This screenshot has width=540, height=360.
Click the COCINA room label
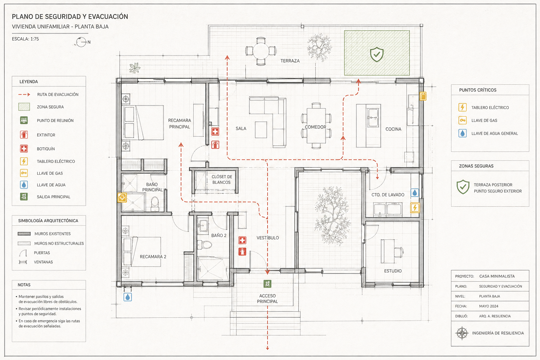(x=393, y=129)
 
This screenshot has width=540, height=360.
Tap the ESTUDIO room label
(x=393, y=271)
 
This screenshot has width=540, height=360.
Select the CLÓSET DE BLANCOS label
(x=222, y=180)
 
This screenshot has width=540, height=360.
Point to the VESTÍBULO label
(x=268, y=238)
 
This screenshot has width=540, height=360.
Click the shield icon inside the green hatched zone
(x=377, y=54)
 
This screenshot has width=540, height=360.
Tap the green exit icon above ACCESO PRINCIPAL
(x=267, y=284)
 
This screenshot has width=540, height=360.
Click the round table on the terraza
(x=261, y=51)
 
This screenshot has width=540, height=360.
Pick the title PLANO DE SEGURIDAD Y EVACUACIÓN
(x=70, y=17)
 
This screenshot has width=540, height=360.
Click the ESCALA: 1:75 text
(x=25, y=39)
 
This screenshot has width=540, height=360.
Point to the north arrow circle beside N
(x=81, y=42)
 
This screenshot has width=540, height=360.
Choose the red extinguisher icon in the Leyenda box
(x=24, y=135)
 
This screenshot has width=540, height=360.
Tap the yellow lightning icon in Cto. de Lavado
(x=415, y=208)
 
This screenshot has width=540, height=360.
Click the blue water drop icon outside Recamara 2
(x=128, y=297)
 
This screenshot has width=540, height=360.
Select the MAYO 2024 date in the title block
(x=489, y=306)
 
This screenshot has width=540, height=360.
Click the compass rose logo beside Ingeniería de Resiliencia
(x=462, y=333)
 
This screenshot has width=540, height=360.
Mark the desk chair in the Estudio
(x=399, y=252)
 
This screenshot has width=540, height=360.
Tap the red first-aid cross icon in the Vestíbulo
(x=242, y=240)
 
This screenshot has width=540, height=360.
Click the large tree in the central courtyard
(x=333, y=216)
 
